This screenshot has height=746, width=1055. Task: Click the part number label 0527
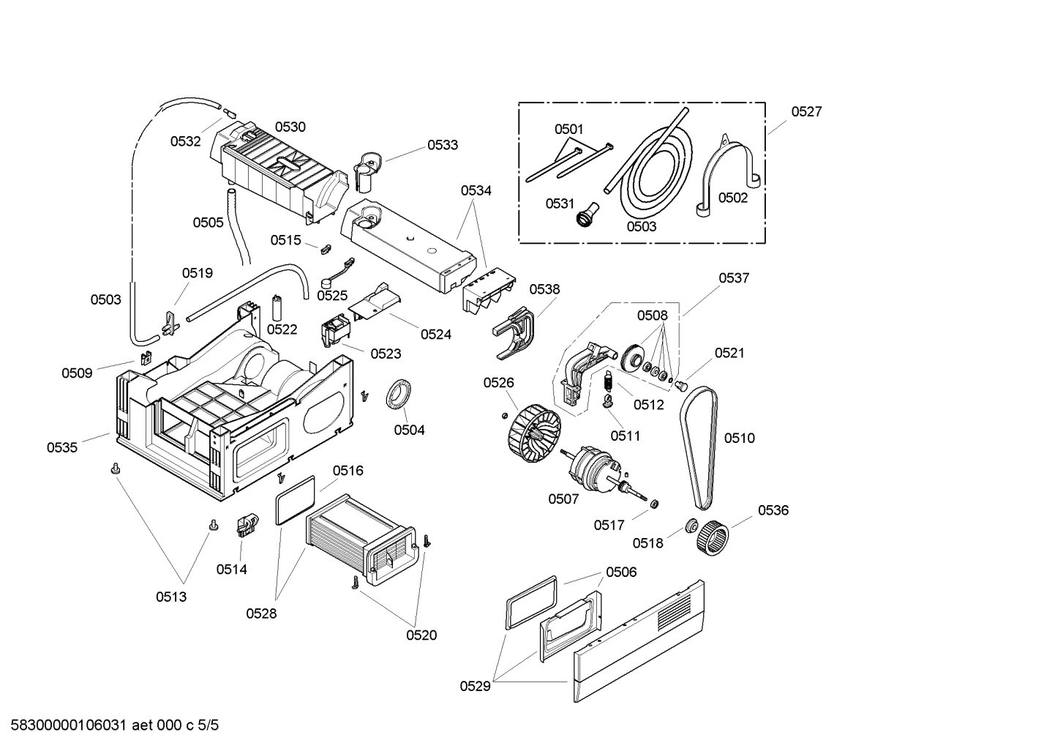[806, 112]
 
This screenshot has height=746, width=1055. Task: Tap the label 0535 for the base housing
[62, 447]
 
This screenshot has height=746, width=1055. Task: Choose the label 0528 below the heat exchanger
[262, 613]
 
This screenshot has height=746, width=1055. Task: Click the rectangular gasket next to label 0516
[296, 499]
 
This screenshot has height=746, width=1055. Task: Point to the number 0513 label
[170, 597]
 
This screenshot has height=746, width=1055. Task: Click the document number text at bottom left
[110, 726]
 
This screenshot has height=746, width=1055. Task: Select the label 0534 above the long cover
[476, 190]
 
